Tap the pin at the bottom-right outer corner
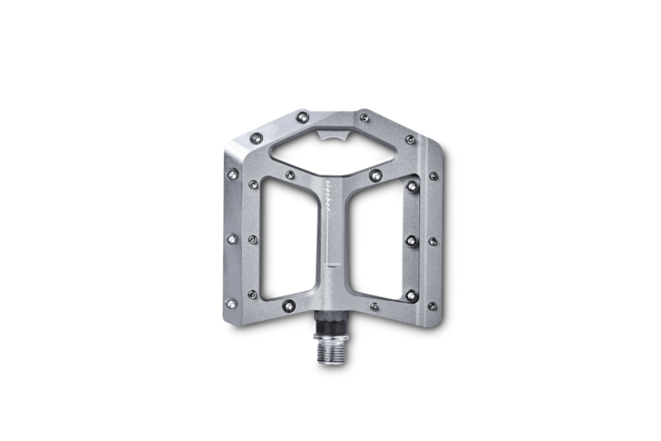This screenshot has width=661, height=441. [x=432, y=305]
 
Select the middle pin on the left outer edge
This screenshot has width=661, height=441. [x=231, y=238]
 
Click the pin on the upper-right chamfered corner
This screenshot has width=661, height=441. [x=410, y=139]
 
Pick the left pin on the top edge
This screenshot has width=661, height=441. [x=302, y=117]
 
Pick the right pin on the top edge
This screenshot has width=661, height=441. [x=364, y=117]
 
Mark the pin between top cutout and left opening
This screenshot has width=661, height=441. [x=288, y=175]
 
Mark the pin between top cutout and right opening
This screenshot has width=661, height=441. [x=375, y=175]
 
